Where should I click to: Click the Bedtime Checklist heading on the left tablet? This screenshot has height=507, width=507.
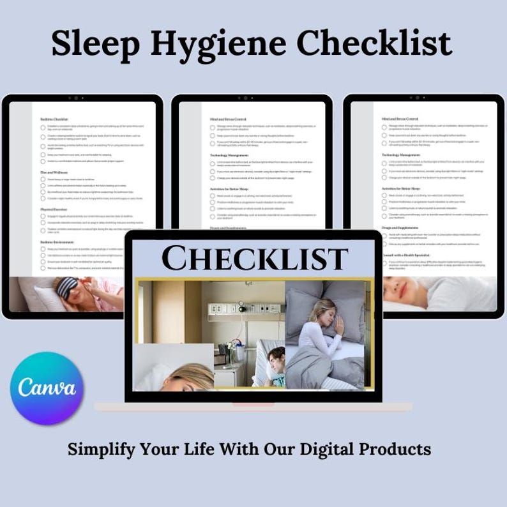coord(54,119)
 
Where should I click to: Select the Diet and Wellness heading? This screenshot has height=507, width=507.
coord(54,171)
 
